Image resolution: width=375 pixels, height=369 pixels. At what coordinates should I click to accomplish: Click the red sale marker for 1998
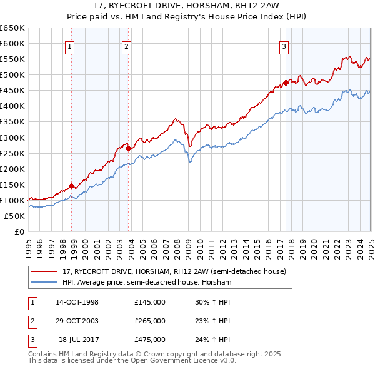[71, 186]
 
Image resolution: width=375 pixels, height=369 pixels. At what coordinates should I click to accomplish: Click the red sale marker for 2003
[129, 148]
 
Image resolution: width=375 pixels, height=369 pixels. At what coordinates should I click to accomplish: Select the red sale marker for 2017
[286, 83]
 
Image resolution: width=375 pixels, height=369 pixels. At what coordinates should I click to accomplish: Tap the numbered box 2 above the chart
[126, 46]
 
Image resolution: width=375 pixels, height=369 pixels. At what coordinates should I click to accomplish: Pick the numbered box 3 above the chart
[284, 46]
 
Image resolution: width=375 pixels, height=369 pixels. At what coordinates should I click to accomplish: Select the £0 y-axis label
[19, 231]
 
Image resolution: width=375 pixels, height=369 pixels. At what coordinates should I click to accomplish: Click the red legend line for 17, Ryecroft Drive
[45, 271]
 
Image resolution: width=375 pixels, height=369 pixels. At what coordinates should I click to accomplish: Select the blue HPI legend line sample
[45, 283]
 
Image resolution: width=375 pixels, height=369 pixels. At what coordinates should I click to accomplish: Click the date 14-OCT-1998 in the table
[77, 301]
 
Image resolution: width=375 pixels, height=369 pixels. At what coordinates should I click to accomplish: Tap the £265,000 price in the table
[150, 321]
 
